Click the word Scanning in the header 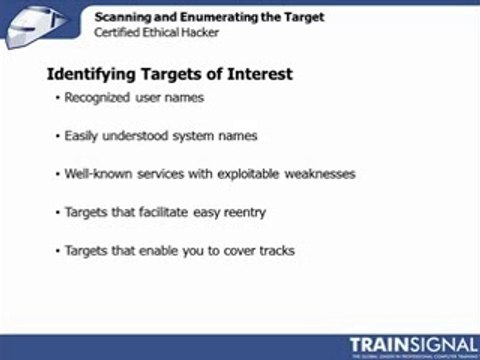(x=123, y=17)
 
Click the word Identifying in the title (x=93, y=74)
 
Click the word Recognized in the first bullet (x=97, y=98)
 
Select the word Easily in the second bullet (x=82, y=135)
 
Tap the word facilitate (x=166, y=212)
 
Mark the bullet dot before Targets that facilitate (x=58, y=212)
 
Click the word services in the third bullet (x=160, y=173)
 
